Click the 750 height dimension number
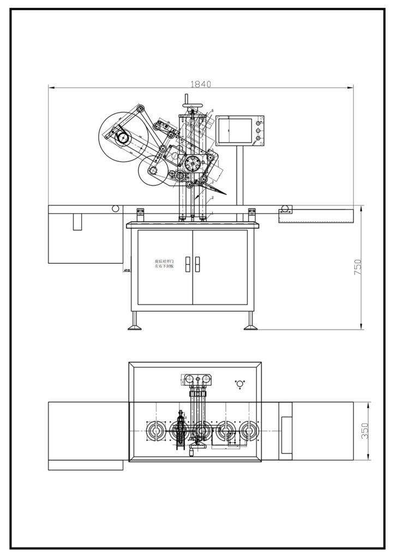[x=357, y=267]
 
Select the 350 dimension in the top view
[x=365, y=432]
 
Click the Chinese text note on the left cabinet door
[x=164, y=264]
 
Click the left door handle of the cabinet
[x=187, y=264]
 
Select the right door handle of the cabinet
[x=197, y=264]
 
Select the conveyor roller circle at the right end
[x=284, y=208]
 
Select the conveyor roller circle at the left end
[x=115, y=208]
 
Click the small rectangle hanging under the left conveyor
[x=77, y=222]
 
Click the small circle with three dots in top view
[x=238, y=384]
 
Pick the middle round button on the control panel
[x=256, y=131]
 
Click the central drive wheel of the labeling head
[x=192, y=163]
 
